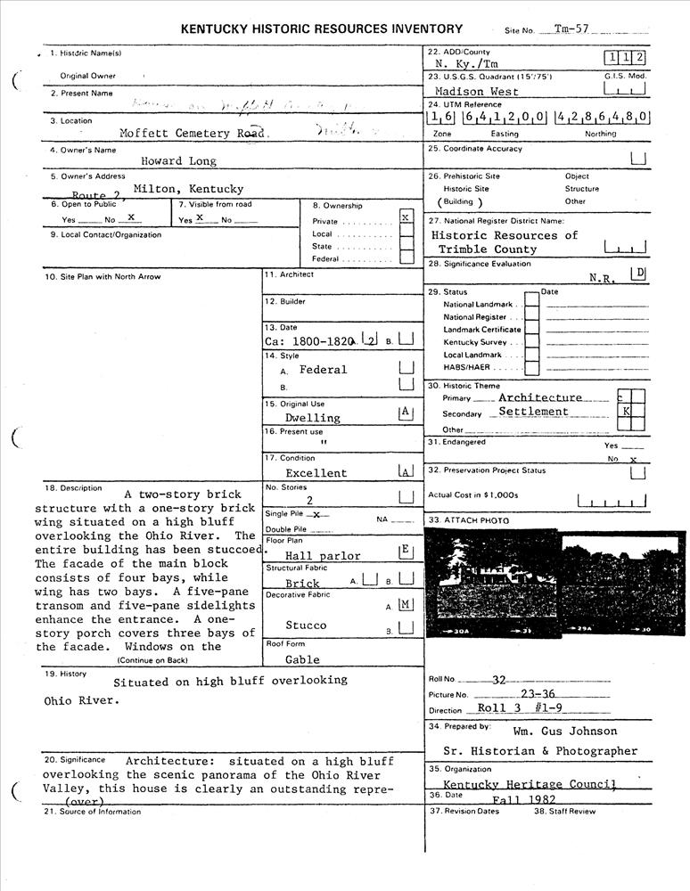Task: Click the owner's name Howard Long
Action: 178,161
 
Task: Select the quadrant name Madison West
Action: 477,91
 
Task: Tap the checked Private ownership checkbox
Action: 407,217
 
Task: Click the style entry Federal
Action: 323,370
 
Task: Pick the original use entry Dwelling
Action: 312,417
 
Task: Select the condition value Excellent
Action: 316,473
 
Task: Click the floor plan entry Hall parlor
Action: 323,556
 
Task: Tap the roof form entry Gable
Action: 303,660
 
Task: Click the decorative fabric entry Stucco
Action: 306,625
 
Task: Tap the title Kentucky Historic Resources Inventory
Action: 322,29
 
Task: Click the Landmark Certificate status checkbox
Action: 531,330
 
